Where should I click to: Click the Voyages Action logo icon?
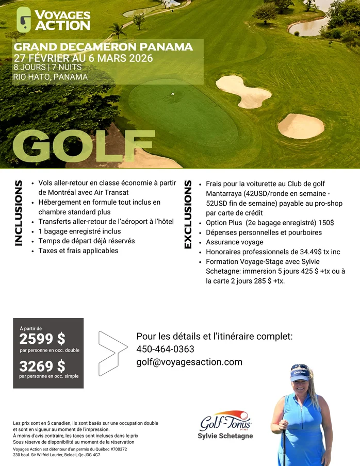tap(24, 19)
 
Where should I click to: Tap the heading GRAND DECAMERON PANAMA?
tap(103, 47)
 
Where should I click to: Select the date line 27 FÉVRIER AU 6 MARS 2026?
tap(84, 58)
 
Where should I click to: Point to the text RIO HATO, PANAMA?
tap(51, 77)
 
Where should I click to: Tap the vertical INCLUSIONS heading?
tap(19, 212)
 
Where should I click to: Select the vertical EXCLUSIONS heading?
tap(188, 214)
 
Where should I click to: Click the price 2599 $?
tap(42, 339)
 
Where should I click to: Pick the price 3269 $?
tap(42, 366)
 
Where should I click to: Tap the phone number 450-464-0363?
tap(165, 349)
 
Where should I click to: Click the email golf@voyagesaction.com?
tap(189, 362)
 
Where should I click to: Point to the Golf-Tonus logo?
tap(225, 422)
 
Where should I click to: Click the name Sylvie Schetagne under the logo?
tap(225, 436)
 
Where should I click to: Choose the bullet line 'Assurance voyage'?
tap(234, 242)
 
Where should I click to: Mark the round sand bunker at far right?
tap(301, 126)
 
